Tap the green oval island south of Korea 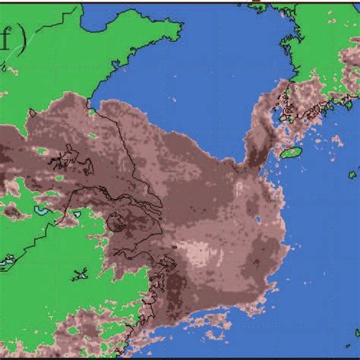291,153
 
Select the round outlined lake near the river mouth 118,222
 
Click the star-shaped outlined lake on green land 81,273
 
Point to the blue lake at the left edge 5,262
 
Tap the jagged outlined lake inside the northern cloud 65,159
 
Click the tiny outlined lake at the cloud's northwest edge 32,114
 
